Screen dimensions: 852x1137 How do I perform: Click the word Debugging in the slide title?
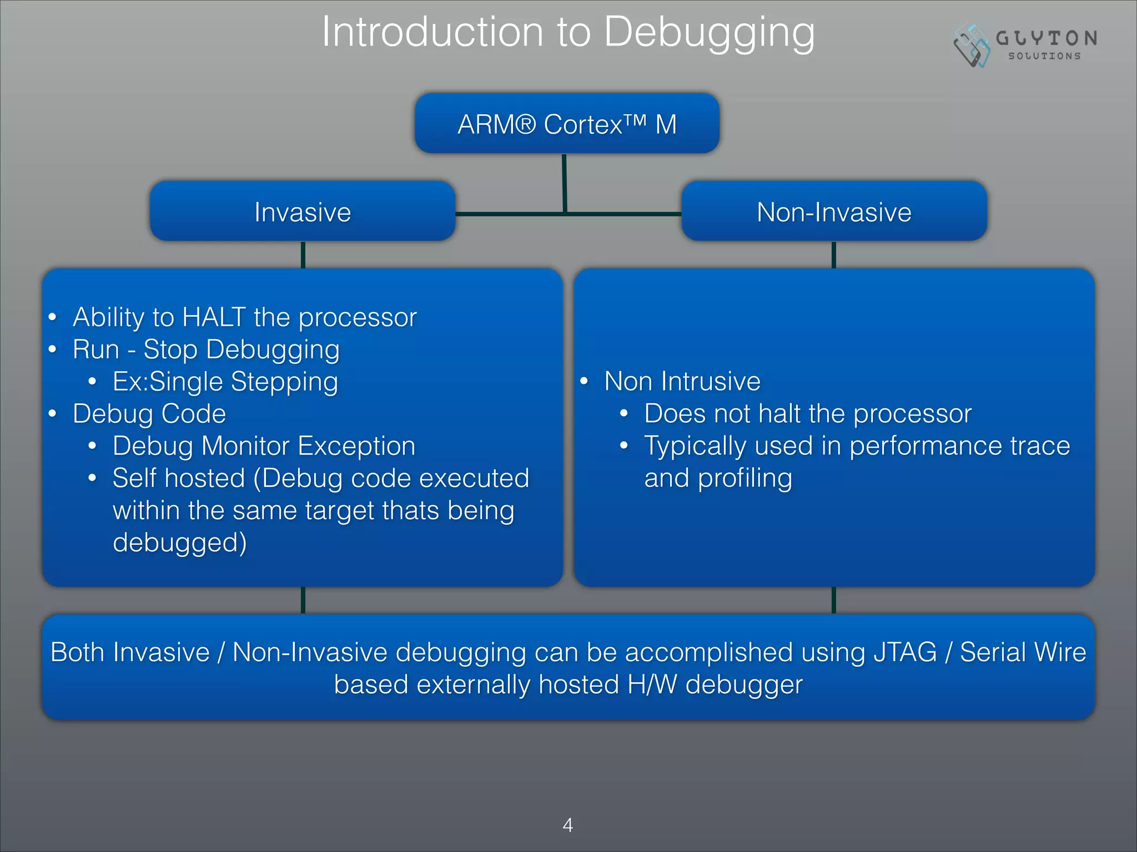[x=709, y=33]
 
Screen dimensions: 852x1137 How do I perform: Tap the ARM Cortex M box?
[x=567, y=124]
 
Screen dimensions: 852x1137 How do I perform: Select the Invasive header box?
[x=303, y=212]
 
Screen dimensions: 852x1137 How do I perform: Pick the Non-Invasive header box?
[x=834, y=212]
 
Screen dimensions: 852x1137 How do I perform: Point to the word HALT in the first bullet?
[x=214, y=318]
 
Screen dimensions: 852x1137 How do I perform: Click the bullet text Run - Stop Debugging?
[x=206, y=350]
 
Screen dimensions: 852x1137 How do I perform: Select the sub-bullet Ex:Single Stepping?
[x=225, y=382]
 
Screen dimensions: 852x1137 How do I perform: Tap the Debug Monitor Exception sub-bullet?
[x=264, y=447]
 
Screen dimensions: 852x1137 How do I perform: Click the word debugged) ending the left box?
[x=179, y=543]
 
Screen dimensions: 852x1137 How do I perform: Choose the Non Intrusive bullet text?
[x=682, y=382]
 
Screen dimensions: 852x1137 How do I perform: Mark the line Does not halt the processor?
[x=807, y=414]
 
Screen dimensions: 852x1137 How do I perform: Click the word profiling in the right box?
[x=744, y=479]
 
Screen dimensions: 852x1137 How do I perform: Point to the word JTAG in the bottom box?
[x=905, y=652]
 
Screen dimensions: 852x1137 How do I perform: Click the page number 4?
[x=567, y=825]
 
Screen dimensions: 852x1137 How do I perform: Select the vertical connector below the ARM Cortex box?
[x=564, y=183]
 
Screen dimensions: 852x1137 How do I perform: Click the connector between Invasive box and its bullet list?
[x=303, y=255]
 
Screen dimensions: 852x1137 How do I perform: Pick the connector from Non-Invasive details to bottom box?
[x=833, y=600]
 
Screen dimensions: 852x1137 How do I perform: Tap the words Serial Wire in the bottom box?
[x=1023, y=652]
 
